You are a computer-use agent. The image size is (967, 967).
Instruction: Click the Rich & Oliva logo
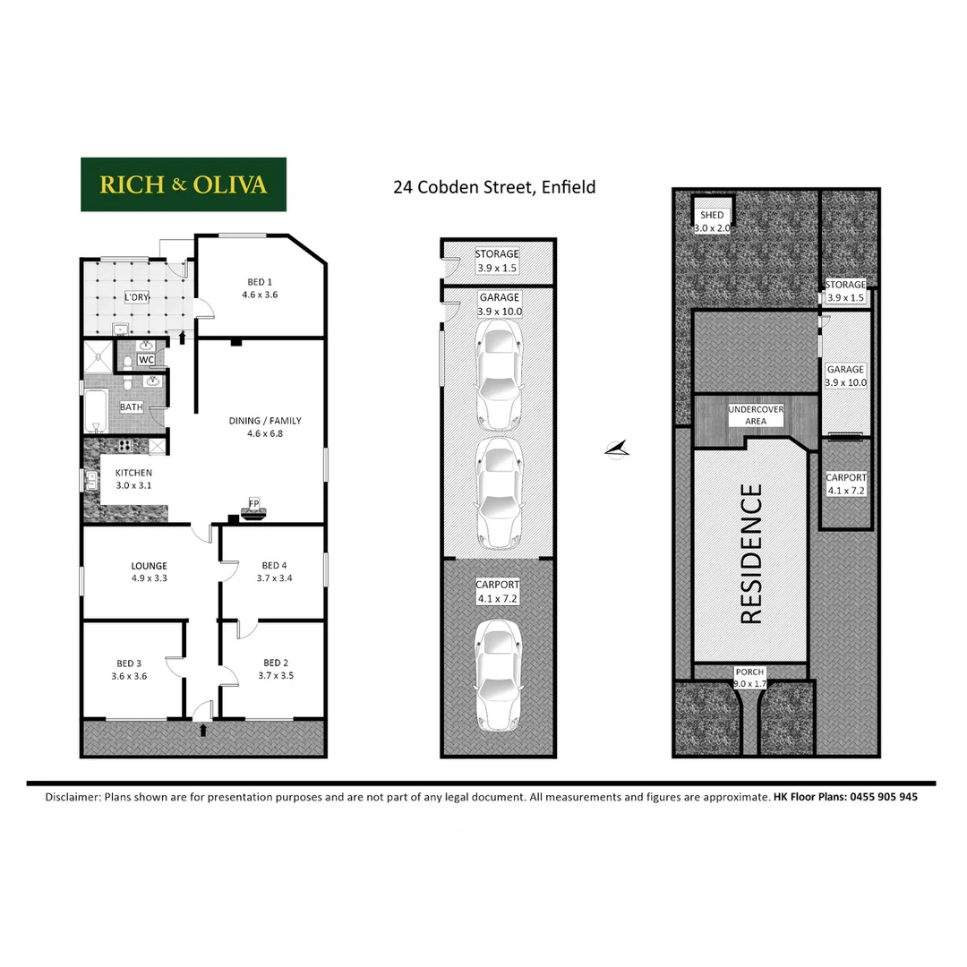184,184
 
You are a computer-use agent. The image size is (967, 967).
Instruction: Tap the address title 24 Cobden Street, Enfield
494,187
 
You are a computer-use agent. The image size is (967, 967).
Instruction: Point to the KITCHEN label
133,479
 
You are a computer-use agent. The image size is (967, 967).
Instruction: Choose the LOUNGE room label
149,571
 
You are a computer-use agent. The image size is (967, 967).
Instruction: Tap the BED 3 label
129,670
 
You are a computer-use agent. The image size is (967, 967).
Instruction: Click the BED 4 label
275,571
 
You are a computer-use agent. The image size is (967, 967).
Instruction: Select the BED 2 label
275,669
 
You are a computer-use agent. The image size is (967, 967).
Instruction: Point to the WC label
147,360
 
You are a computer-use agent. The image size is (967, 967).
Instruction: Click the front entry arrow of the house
203,730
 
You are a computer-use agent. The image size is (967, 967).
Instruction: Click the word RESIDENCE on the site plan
750,553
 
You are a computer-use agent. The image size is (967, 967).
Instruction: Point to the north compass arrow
617,449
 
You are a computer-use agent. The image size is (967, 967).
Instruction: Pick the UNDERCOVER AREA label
756,415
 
